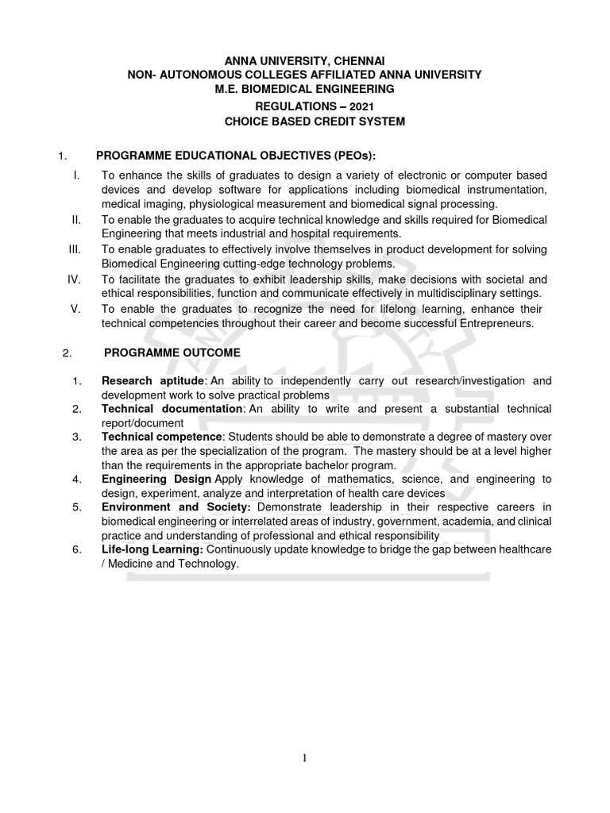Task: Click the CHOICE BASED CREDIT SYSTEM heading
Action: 305,121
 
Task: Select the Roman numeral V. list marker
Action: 75,309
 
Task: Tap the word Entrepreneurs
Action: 492,324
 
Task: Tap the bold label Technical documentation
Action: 172,409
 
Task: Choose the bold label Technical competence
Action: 161,437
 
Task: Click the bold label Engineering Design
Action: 156,480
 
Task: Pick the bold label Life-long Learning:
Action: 152,549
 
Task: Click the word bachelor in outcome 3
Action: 316,465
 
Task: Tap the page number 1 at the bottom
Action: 304,757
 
